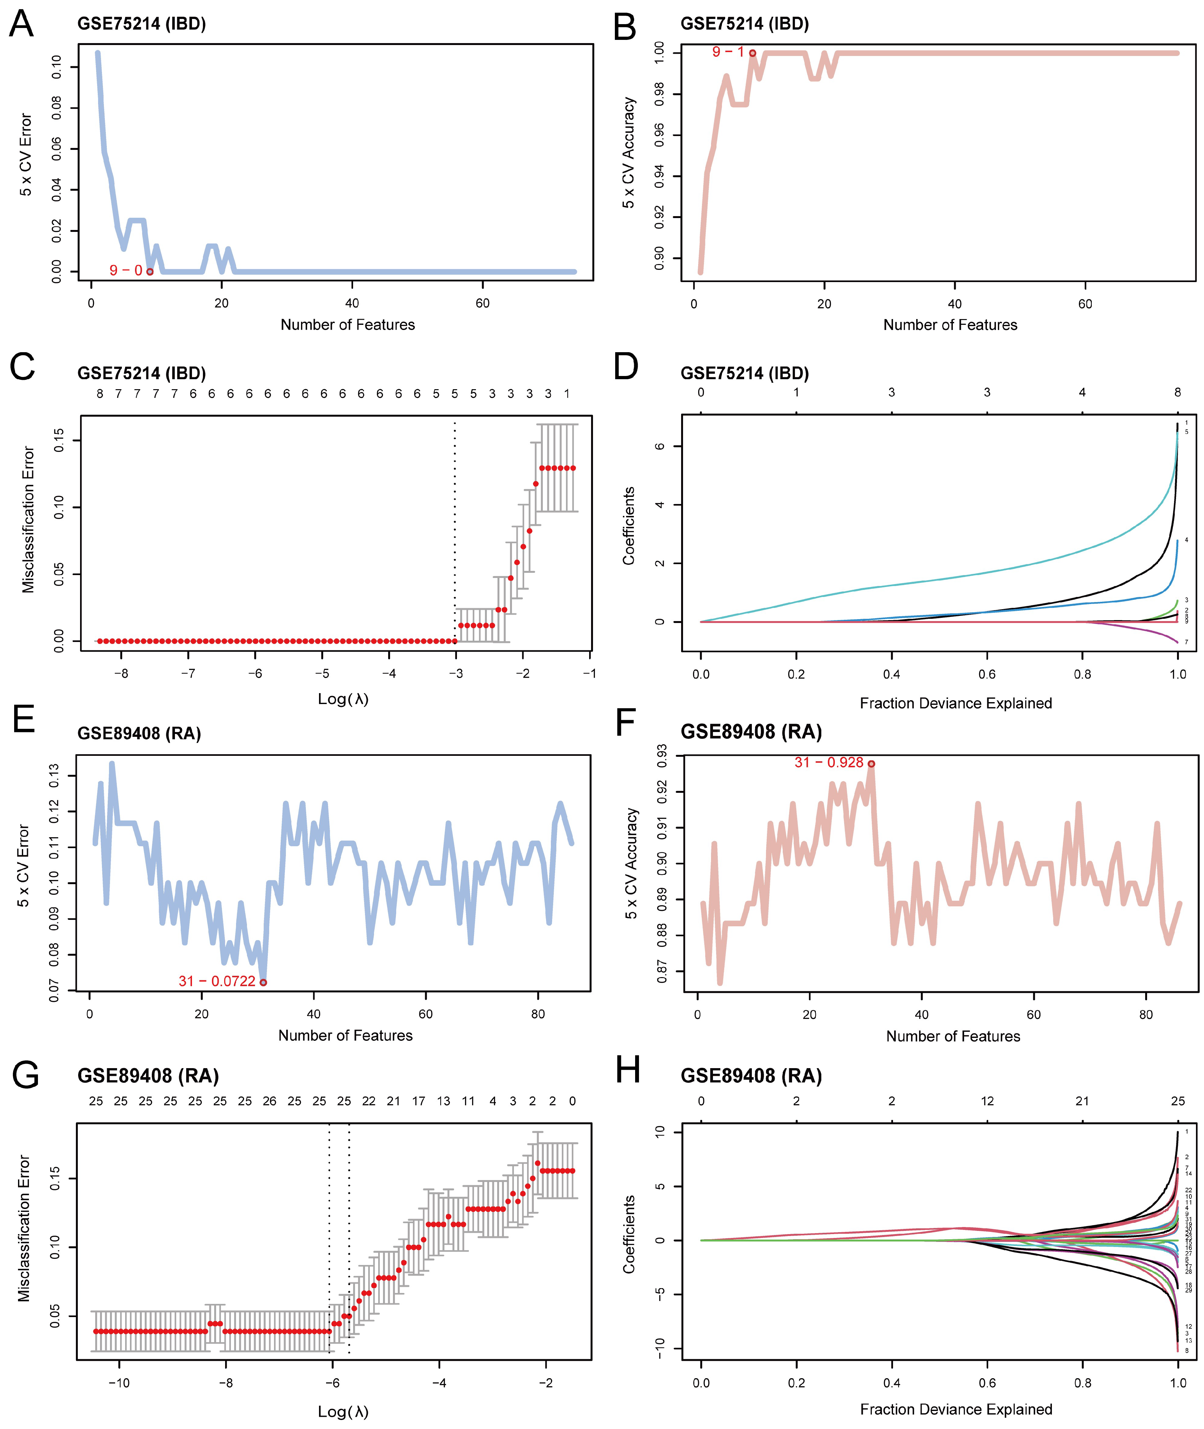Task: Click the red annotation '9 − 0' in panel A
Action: tap(126, 270)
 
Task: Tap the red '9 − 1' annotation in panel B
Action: tap(728, 52)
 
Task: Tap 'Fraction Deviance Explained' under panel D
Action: tap(955, 703)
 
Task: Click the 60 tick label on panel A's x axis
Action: tap(483, 303)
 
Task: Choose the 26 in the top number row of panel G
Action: tap(269, 1101)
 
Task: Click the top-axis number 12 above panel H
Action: tap(987, 1101)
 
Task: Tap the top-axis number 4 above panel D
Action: tap(1082, 393)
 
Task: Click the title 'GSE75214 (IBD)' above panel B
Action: tap(745, 24)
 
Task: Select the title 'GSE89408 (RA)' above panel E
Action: tap(139, 733)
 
